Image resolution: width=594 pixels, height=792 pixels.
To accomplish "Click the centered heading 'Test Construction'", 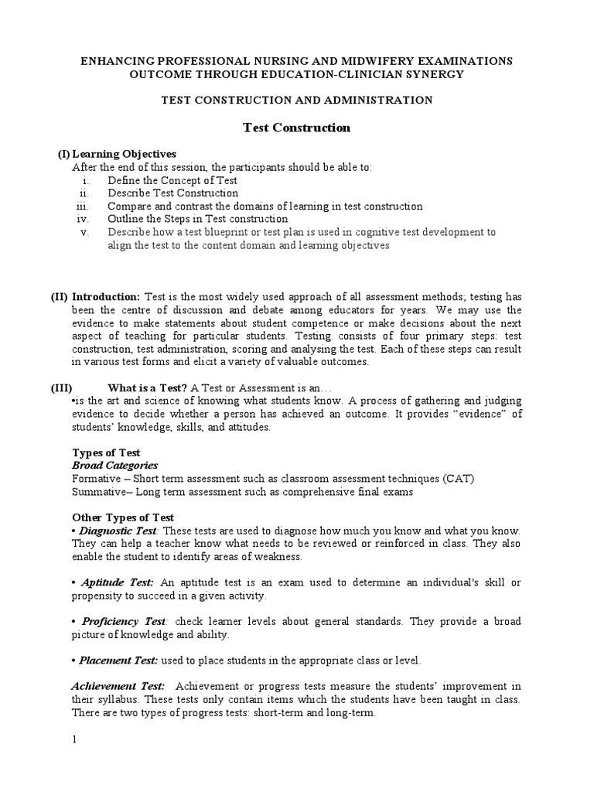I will click(x=297, y=128).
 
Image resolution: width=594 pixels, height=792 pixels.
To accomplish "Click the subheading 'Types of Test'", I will click(x=106, y=452).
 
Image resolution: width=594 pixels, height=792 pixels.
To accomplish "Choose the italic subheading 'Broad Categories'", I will click(x=114, y=466).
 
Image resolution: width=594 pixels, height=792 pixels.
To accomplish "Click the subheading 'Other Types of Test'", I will click(x=123, y=517).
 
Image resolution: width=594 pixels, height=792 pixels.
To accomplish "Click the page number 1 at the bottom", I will click(x=75, y=739).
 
